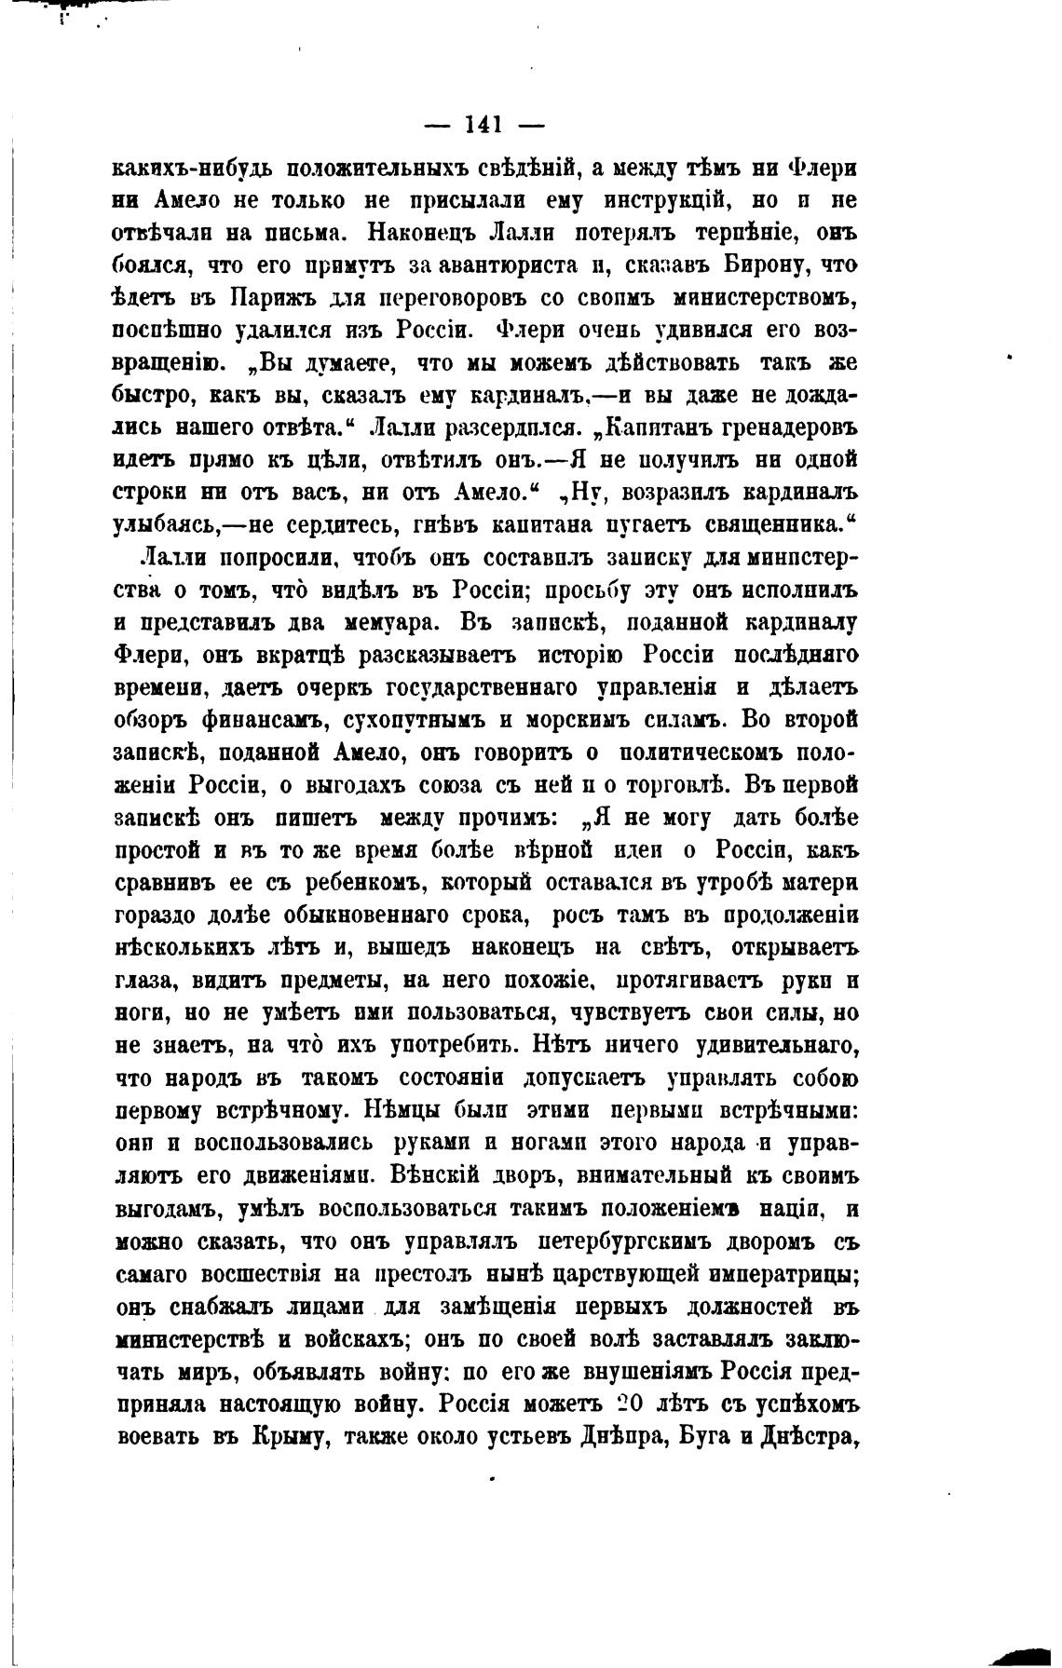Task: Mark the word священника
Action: click(771, 525)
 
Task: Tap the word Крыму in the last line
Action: click(285, 1436)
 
